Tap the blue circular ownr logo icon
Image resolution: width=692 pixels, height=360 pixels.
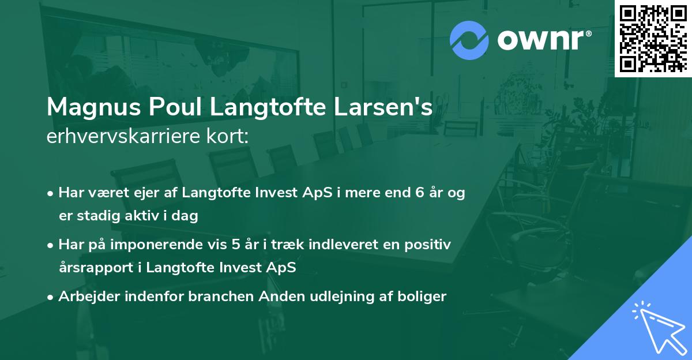click(x=469, y=40)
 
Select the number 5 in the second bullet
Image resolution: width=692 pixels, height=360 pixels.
click(x=236, y=245)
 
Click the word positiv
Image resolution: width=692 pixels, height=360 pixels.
click(x=430, y=245)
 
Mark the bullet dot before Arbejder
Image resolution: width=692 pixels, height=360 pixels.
click(x=51, y=297)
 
